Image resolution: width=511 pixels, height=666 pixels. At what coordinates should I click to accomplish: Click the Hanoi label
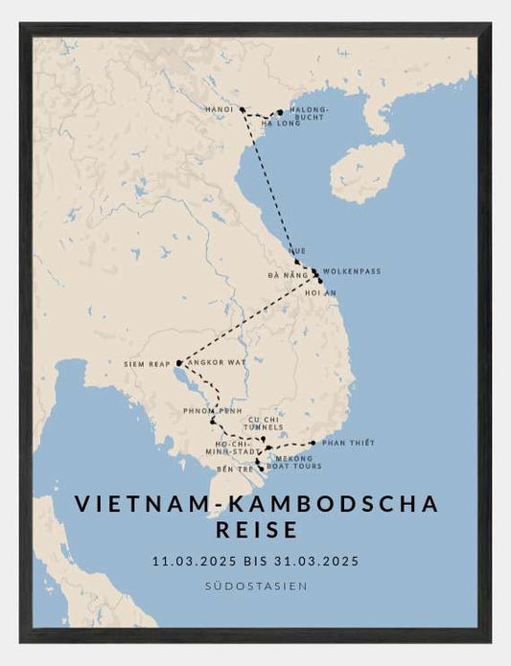click(x=220, y=110)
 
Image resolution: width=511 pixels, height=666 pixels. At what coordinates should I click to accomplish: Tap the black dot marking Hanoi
click(x=243, y=110)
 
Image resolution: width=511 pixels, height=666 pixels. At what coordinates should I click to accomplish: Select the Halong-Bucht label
click(x=309, y=114)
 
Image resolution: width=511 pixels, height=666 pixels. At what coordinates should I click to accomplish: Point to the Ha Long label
click(x=281, y=124)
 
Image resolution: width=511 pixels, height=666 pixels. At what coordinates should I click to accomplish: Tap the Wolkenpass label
click(x=352, y=271)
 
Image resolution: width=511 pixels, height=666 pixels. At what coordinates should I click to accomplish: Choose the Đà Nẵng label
click(x=288, y=276)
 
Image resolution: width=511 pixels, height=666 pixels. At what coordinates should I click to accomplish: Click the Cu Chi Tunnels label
click(x=266, y=423)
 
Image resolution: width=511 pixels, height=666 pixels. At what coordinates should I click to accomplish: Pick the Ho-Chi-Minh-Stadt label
click(x=233, y=448)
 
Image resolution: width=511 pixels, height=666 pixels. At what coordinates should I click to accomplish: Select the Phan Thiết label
click(x=348, y=443)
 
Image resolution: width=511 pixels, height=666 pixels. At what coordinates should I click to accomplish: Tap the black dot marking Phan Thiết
click(x=314, y=443)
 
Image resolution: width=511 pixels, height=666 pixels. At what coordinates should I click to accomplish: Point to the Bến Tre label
click(x=236, y=469)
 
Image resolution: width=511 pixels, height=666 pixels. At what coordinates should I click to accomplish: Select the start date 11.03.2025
click(x=197, y=562)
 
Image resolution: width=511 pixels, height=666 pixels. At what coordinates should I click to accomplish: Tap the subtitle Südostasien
click(x=256, y=586)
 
